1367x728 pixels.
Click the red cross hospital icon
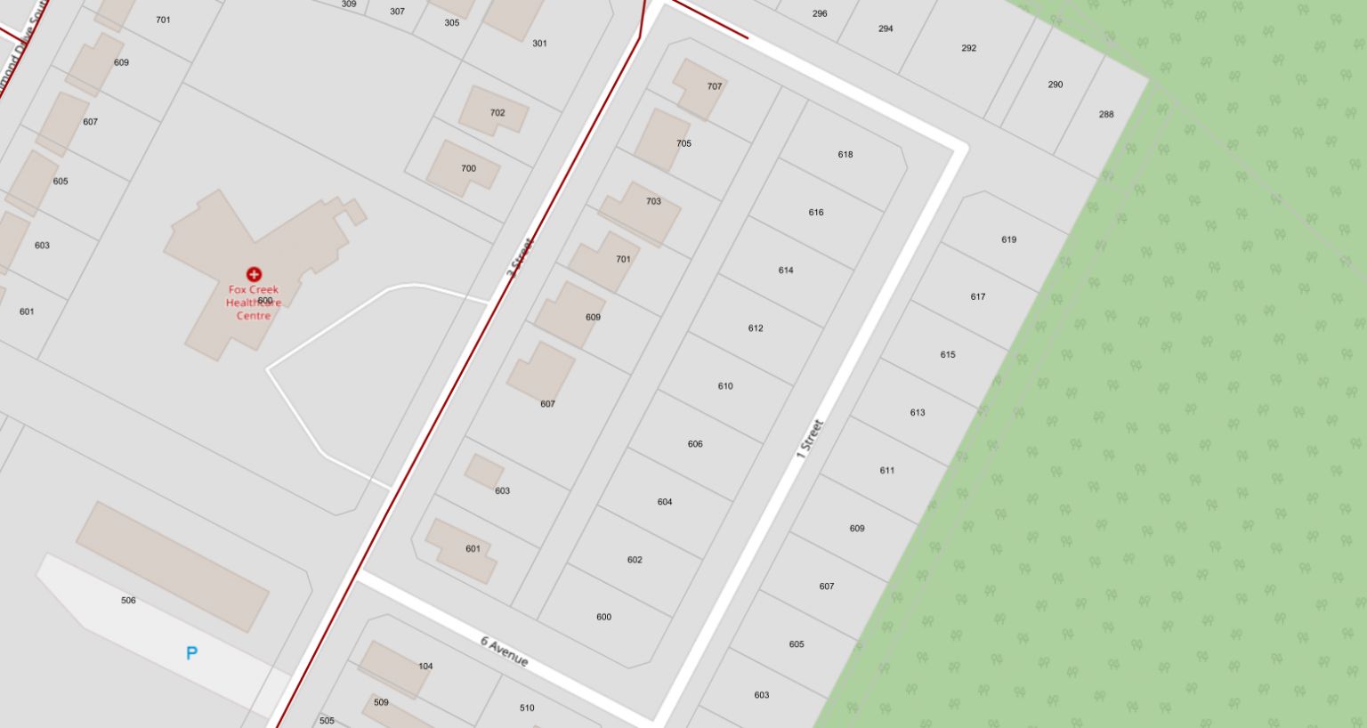pos(254,274)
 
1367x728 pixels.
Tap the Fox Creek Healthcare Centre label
pos(254,303)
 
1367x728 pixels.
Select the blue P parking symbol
pos(191,654)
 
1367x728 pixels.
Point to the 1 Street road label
pos(809,439)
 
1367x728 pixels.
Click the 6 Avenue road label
pos(505,651)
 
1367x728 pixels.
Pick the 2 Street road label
pos(520,258)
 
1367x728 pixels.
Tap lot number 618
pos(845,155)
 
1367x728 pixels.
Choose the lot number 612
pos(756,328)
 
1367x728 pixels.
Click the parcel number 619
pos(1008,239)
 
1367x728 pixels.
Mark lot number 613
pos(918,413)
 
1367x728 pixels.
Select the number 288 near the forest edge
pos(1106,115)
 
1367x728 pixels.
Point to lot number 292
pos(968,48)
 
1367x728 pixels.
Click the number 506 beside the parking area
pos(128,601)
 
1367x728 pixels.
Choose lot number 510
pos(527,708)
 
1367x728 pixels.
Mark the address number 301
pos(539,44)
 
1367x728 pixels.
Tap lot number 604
pos(665,502)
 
